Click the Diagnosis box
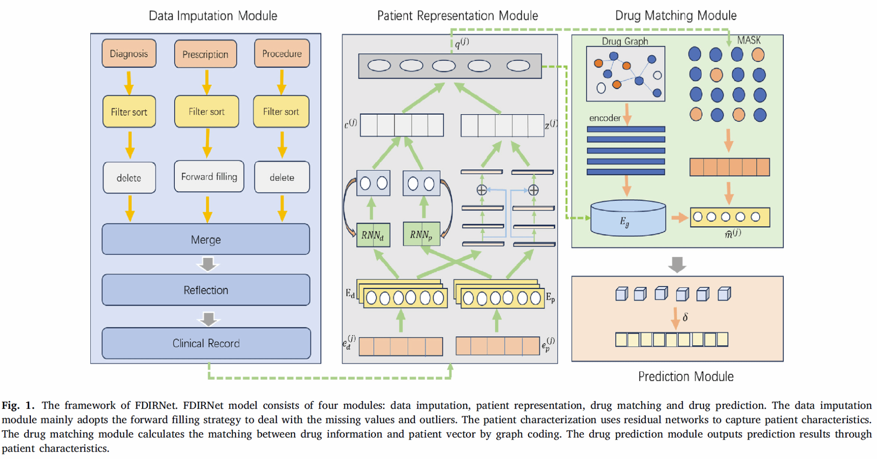129,53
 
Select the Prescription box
206,54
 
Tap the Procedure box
282,53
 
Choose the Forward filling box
209,177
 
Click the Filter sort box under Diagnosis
129,112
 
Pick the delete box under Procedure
282,178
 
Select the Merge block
206,240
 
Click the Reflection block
206,290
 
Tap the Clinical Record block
206,343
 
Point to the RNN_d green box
373,235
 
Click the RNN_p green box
421,234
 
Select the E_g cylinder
628,219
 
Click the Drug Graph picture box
625,74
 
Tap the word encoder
605,118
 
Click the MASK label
749,40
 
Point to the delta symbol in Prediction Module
685,317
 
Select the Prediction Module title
686,376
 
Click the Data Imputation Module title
213,16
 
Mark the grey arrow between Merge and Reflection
208,264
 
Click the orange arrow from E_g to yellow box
679,218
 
